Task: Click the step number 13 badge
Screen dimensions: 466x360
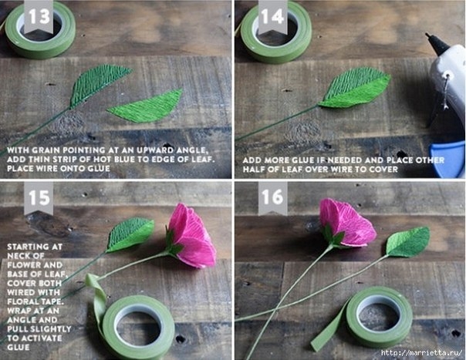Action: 39,17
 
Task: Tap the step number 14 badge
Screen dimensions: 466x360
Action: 272,17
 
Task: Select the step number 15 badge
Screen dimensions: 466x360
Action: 39,198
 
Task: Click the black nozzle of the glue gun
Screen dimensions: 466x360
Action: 436,44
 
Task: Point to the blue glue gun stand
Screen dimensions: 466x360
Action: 448,160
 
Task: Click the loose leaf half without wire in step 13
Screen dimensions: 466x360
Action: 146,106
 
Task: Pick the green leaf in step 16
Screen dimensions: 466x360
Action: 409,241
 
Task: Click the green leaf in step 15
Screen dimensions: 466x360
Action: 130,234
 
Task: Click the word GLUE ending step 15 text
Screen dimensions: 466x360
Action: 19,347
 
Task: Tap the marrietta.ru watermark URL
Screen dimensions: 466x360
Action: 422,353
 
